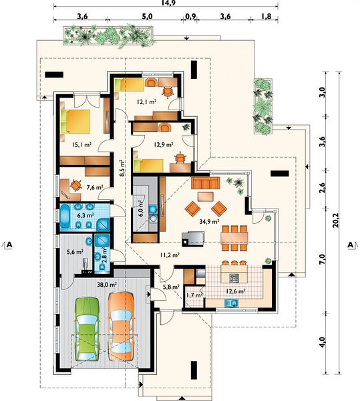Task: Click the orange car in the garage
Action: tap(121, 326)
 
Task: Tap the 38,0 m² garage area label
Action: tap(107, 285)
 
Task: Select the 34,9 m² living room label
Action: tap(209, 221)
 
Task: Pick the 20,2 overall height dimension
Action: tap(335, 220)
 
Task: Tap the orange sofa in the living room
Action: tap(206, 183)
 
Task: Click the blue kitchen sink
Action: tap(231, 303)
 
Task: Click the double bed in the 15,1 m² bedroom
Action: tap(75, 122)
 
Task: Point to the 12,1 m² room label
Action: tap(147, 102)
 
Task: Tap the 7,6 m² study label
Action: tap(95, 187)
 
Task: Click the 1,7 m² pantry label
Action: tap(194, 295)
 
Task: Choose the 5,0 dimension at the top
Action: tap(147, 16)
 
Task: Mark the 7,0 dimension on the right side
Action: tap(323, 259)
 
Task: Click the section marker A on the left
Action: tap(9, 245)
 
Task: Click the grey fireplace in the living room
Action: tap(193, 239)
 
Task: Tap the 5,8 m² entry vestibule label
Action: tap(171, 287)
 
